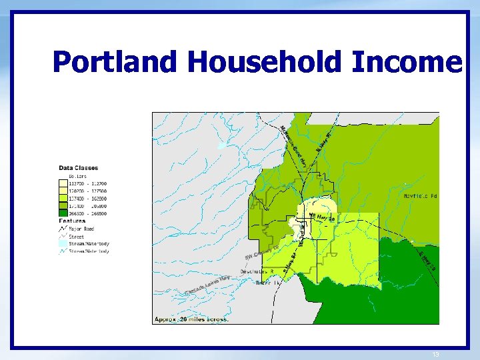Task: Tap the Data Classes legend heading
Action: [79, 168]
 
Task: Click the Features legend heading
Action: [72, 221]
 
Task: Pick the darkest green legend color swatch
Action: [63, 214]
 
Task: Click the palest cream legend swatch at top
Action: [63, 183]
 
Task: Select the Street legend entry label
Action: [77, 236]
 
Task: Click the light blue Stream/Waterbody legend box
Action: [63, 244]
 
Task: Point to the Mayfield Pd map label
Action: [420, 196]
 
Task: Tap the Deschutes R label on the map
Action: [257, 272]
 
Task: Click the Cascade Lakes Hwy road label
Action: [207, 285]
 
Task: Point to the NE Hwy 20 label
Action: [321, 217]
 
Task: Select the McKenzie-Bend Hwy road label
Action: [293, 147]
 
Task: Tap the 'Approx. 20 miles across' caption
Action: [192, 319]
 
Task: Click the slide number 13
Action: [435, 355]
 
